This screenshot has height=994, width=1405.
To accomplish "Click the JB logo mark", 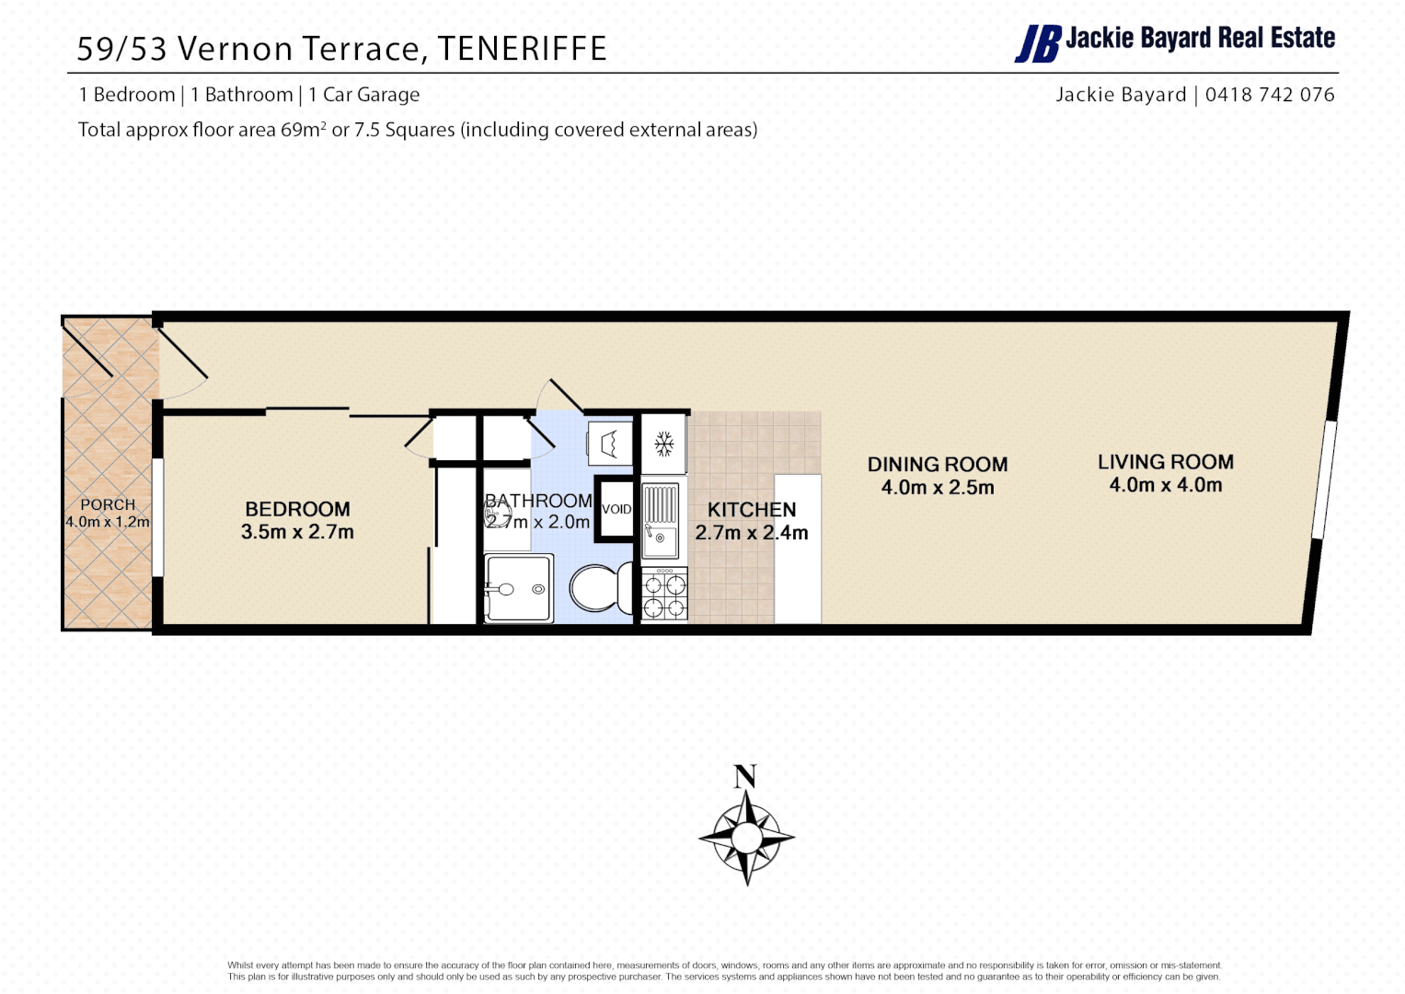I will point(1037,43).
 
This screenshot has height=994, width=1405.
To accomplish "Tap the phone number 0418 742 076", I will point(1269,95).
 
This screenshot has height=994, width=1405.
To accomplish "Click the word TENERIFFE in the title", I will point(522,49).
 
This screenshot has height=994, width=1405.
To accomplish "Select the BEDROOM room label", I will point(297,509).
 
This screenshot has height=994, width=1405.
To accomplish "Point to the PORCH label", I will point(108,504).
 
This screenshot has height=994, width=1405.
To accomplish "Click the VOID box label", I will point(616,509).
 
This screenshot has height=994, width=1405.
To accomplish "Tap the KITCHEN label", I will point(751,509).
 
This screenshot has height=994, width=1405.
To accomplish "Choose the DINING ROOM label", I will point(937,465).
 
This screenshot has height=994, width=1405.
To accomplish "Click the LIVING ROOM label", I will point(1165,462).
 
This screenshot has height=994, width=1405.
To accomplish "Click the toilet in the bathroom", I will point(599,587).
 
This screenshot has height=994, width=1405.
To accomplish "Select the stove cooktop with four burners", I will point(663,595).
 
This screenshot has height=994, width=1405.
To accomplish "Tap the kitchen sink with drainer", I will point(660,520).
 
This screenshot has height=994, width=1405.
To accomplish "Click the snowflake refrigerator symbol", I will point(663,445).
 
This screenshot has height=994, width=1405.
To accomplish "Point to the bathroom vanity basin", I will point(517,588).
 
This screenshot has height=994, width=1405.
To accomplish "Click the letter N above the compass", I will point(744,777).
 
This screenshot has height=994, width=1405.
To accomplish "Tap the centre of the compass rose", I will point(746,838).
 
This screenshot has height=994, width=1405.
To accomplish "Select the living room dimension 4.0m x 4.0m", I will point(1165,485).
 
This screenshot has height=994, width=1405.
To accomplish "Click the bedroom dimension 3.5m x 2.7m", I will point(297,532).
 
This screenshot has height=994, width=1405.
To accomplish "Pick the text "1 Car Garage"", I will point(363,95).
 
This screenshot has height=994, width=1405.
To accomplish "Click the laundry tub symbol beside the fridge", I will point(609,445).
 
